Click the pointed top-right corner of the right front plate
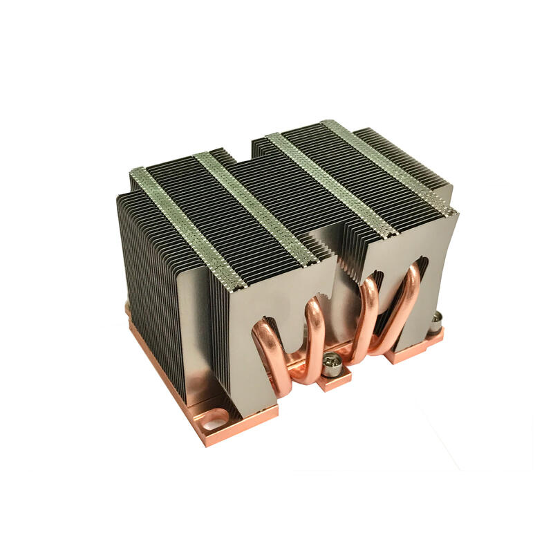tap(456, 214)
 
